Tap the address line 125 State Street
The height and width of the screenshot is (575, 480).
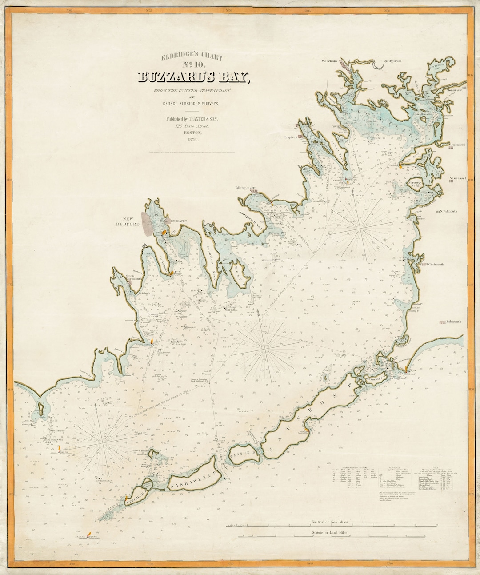(x=192, y=126)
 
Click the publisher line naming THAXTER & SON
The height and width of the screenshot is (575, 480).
(x=192, y=119)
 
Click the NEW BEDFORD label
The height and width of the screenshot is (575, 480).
(x=130, y=221)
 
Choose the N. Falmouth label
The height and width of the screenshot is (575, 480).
(x=450, y=212)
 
